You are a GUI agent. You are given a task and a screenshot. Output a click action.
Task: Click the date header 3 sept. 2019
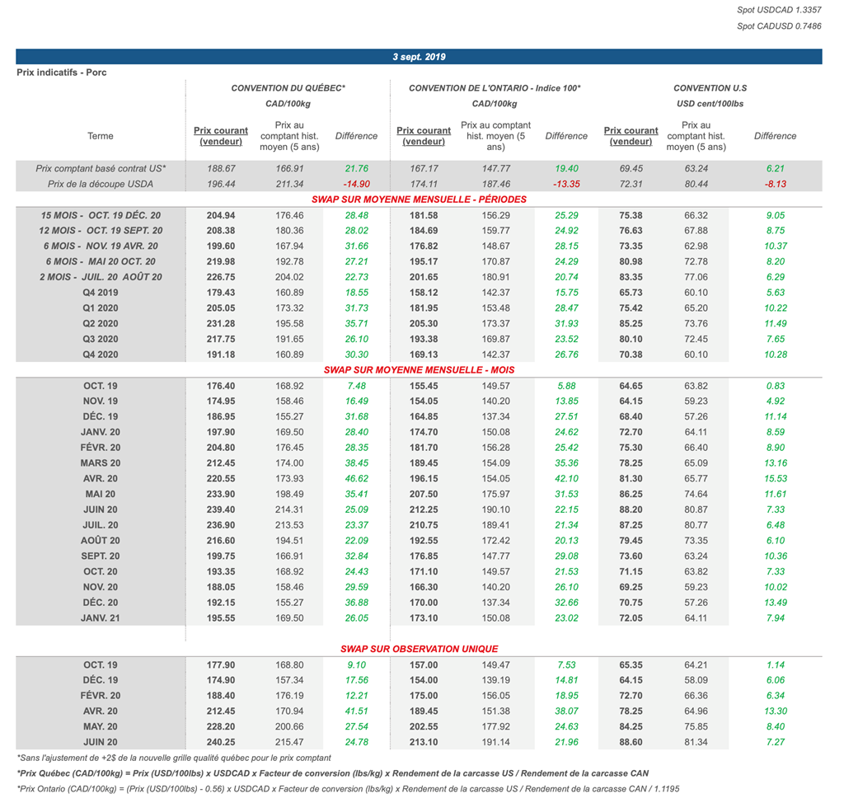point(419,57)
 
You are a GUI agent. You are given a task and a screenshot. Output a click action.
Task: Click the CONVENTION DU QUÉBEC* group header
point(288,88)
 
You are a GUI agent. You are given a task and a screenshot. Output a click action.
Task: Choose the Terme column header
point(101,136)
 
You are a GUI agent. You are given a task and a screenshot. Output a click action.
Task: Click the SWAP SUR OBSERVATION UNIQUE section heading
point(419,649)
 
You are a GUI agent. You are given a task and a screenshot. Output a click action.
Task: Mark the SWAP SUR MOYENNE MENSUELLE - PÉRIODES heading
point(419,200)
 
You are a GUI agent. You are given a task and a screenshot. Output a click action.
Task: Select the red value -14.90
point(356,184)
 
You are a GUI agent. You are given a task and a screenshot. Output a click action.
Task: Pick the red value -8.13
point(775,184)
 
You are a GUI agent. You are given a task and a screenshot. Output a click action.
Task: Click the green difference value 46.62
point(356,478)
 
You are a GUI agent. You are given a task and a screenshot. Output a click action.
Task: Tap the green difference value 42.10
point(566,478)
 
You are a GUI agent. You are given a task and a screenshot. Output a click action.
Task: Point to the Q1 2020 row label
point(101,308)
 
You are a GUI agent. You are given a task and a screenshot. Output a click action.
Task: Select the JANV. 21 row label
point(101,618)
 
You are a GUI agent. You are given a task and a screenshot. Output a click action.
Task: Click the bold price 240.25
point(221,742)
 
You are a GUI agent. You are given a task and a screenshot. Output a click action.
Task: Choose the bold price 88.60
point(631,742)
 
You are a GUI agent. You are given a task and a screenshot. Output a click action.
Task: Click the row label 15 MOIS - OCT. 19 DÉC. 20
point(101,215)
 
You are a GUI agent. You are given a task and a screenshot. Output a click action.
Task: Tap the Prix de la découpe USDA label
point(101,184)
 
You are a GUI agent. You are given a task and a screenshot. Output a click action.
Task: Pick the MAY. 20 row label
point(101,726)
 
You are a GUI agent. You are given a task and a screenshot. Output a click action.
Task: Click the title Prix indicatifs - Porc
point(62,73)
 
